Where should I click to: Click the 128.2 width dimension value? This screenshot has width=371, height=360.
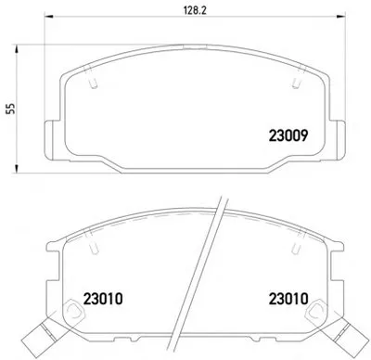coord(195,10)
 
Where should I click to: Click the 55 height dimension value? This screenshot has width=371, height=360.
coord(11,109)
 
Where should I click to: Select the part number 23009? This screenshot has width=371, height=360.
coord(288,135)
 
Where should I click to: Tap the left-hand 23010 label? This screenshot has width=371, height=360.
coord(103,299)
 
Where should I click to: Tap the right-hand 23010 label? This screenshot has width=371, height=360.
coord(288,299)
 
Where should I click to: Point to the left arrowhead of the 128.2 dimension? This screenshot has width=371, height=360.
coord(49,17)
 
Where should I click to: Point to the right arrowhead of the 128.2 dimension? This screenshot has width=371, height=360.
coord(340,17)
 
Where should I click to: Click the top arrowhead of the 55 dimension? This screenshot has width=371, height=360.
coord(17,49)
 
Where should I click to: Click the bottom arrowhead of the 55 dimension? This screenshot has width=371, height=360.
coord(17,169)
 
